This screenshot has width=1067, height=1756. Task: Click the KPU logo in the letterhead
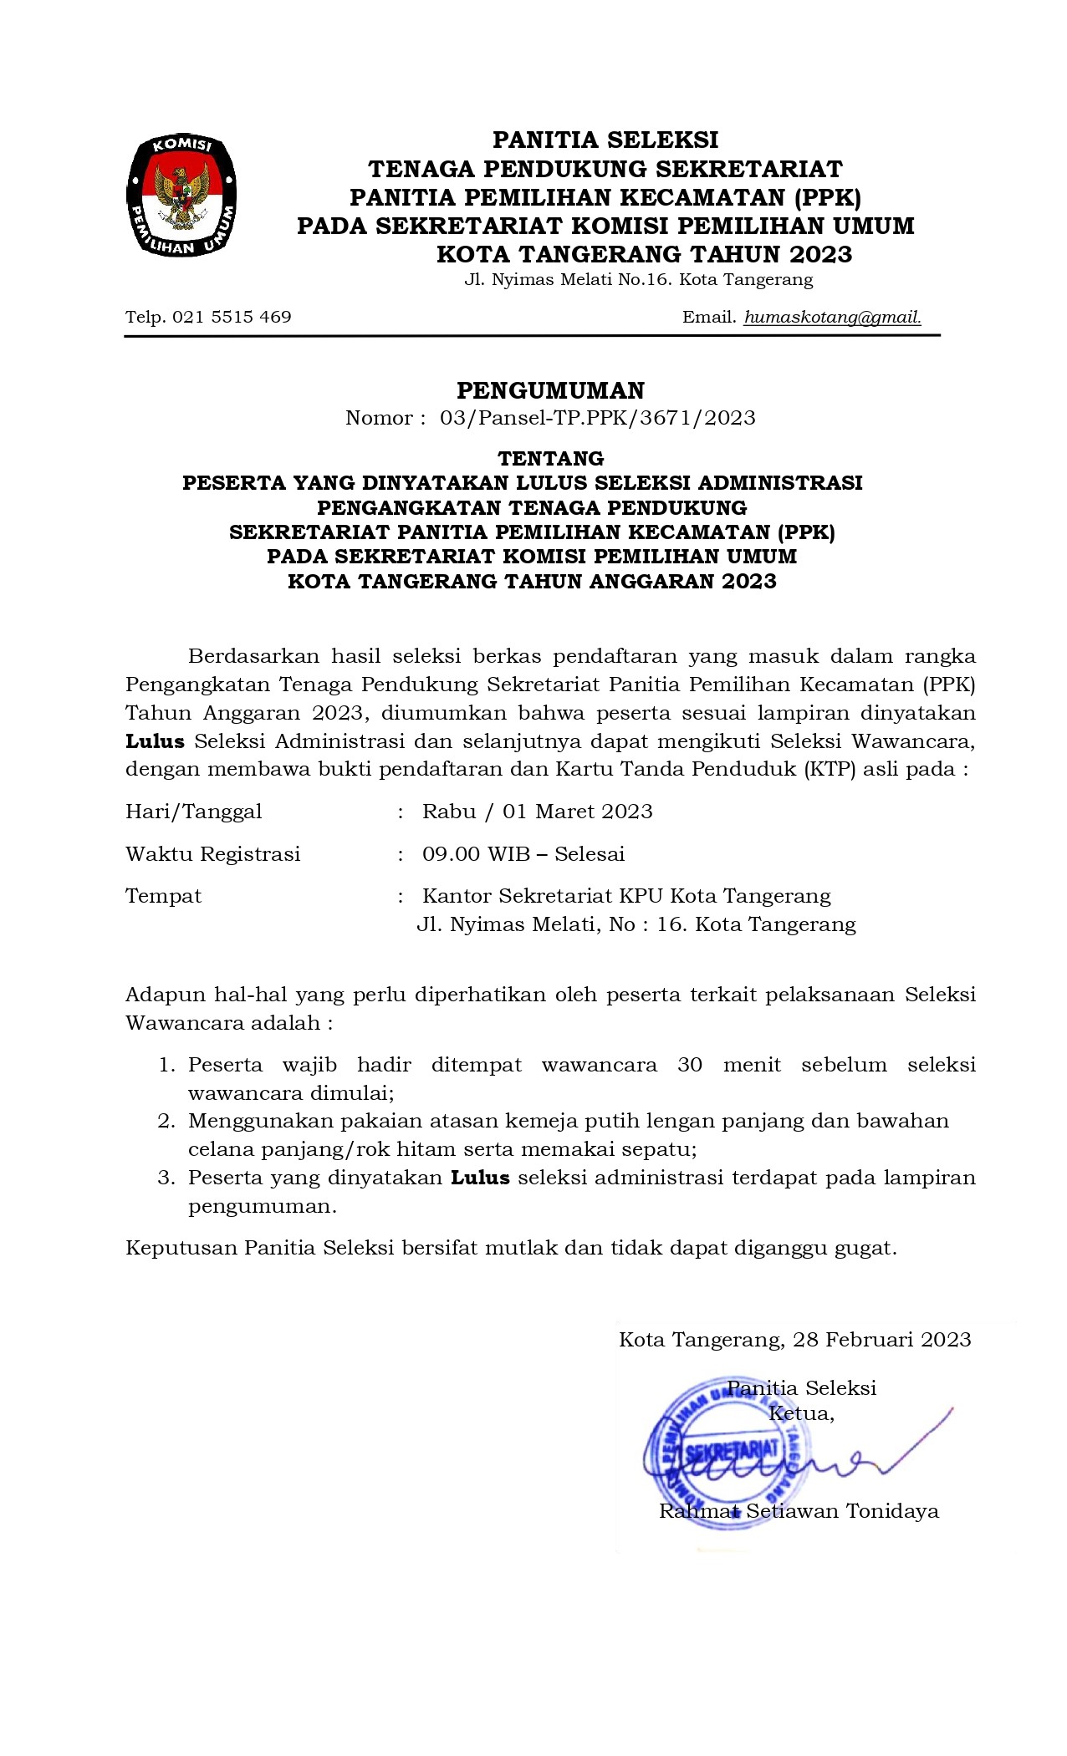[181, 196]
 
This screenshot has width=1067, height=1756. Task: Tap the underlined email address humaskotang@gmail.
[832, 318]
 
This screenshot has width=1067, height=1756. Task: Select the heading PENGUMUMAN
[551, 390]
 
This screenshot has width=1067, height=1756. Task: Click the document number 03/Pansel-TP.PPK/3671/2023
[597, 418]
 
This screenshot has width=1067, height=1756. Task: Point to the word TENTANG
[551, 458]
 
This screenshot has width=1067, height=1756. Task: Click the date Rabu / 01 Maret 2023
[537, 812]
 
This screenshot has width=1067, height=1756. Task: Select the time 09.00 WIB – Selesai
[523, 854]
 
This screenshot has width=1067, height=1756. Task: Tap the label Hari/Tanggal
[194, 812]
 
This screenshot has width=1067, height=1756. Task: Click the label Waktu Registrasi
[213, 854]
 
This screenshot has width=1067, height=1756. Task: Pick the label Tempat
[164, 896]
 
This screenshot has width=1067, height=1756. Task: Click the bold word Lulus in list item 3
[480, 1178]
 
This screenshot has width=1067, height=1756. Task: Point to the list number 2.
[166, 1121]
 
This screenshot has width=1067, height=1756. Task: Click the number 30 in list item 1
[690, 1065]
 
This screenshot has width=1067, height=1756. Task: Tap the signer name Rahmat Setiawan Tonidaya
[799, 1511]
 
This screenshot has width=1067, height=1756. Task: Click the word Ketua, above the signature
[801, 1413]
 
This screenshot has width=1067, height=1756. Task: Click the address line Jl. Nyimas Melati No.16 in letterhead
[638, 280]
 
